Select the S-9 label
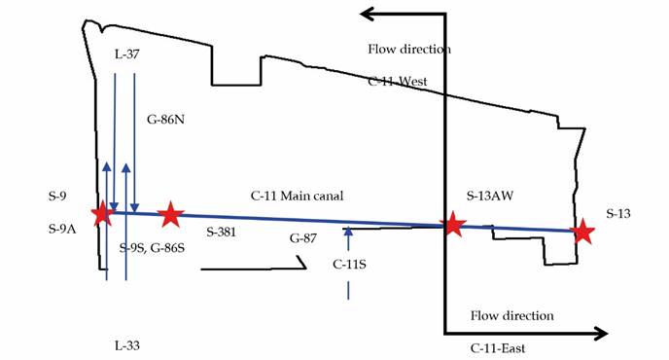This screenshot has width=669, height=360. pyautogui.click(x=57, y=197)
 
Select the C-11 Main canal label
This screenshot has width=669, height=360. pyautogui.click(x=298, y=197)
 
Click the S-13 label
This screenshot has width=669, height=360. pyautogui.click(x=620, y=212)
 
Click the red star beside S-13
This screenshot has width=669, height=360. pyautogui.click(x=582, y=231)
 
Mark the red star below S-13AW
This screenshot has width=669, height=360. pyautogui.click(x=452, y=225)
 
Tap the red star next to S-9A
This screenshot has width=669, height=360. pyautogui.click(x=101, y=213)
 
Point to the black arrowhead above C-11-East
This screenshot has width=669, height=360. pyautogui.click(x=599, y=333)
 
